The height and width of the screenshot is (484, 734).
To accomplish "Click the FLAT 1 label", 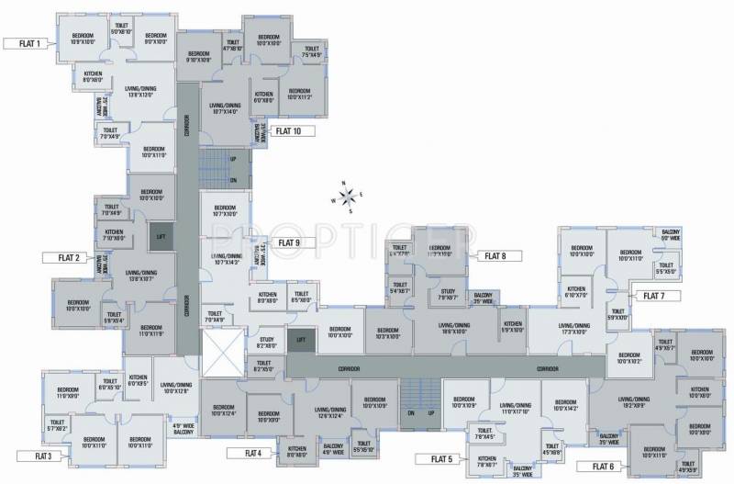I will coord(25,43).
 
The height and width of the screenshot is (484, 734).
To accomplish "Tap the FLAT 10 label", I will coord(295,131).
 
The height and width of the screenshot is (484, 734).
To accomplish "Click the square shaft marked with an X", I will coord(226,353).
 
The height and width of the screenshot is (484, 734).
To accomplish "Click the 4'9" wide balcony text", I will coord(183,428).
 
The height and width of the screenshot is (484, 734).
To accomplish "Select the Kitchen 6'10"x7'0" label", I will coord(576,293).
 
